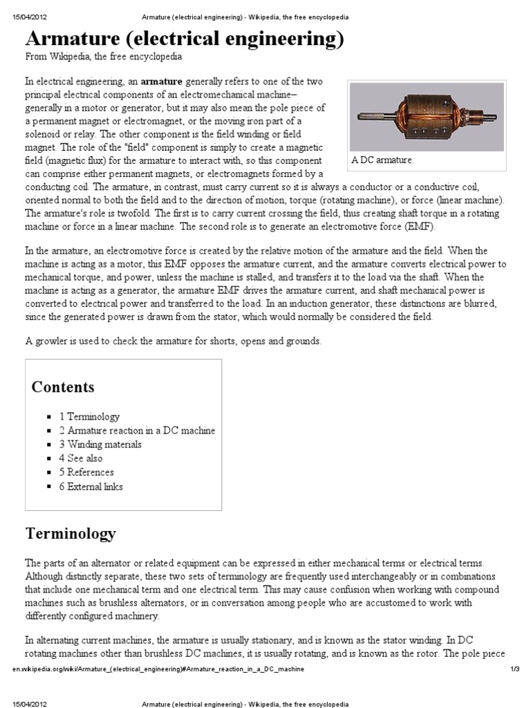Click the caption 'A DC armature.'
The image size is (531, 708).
[382, 160]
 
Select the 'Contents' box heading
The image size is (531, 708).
[63, 386]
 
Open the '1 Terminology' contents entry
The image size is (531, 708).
[89, 417]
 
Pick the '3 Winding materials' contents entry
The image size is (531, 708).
[100, 445]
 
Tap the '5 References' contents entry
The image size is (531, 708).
[86, 472]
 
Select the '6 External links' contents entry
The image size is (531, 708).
[91, 486]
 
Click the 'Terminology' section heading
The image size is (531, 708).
[71, 534]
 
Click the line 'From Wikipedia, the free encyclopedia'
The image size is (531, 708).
[104, 57]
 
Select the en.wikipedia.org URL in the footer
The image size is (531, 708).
[158, 670]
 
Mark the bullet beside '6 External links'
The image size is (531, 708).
[49, 487]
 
